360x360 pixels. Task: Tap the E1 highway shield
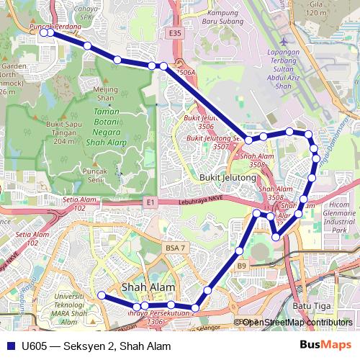pos(149,204)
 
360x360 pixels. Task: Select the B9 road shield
pos(242,266)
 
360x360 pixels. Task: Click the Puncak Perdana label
pos(55,27)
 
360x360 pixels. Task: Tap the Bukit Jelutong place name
pos(228,177)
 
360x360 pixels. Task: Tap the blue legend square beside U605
pos(10,346)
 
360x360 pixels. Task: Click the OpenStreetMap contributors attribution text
pos(297,323)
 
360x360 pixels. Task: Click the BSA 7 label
pos(176,248)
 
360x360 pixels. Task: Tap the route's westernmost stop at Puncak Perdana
pos(44,32)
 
